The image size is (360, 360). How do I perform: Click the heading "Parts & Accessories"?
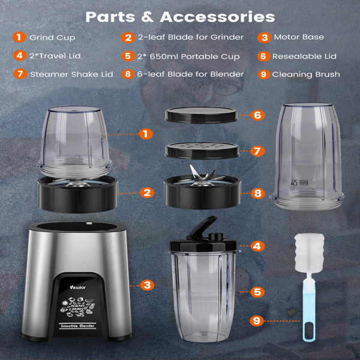tap(180, 16)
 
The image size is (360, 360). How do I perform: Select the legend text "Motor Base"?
tap(299, 37)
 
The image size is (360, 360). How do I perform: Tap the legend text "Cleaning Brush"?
tap(306, 75)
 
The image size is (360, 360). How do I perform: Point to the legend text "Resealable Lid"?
tap(305, 56)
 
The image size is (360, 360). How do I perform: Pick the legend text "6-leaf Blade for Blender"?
tap(191, 75)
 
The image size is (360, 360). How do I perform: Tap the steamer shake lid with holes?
tap(202, 151)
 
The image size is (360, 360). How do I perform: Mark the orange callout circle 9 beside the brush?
tap(257, 322)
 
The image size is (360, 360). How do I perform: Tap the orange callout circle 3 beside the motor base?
tap(146, 285)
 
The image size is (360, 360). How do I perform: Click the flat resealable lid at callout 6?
tap(202, 114)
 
